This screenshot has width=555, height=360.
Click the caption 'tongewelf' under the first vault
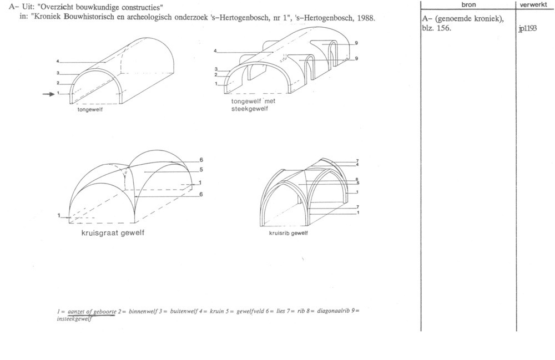pyautogui.click(x=90, y=110)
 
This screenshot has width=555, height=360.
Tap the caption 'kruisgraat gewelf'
pyautogui.click(x=113, y=233)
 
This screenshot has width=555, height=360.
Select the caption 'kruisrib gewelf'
pyautogui.click(x=289, y=233)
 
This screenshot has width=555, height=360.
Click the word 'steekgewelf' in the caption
pyautogui.click(x=250, y=109)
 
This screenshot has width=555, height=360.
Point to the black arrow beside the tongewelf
pyautogui.click(x=48, y=94)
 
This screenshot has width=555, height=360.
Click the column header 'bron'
pyautogui.click(x=468, y=4)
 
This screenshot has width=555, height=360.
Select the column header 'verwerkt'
pyautogui.click(x=533, y=4)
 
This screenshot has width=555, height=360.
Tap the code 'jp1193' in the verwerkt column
pyautogui.click(x=527, y=29)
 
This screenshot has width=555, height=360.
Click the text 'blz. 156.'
pyautogui.click(x=436, y=28)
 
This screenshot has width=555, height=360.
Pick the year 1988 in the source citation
pyautogui.click(x=366, y=18)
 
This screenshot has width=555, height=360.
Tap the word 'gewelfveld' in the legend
pyautogui.click(x=250, y=312)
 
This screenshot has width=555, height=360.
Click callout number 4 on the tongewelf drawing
pyautogui.click(x=57, y=61)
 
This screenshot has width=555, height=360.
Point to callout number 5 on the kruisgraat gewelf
pyautogui.click(x=201, y=170)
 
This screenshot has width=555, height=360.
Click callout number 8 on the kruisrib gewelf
pyautogui.click(x=357, y=179)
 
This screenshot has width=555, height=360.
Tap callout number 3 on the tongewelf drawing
pyautogui.click(x=57, y=73)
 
